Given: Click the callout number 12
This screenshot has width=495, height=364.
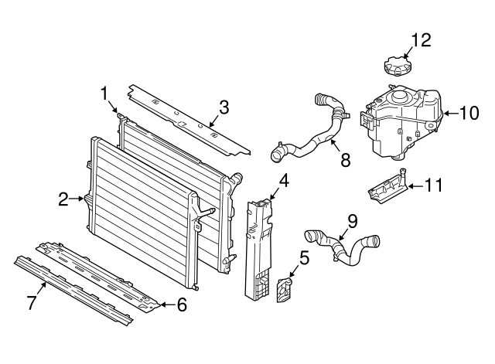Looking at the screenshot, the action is coord(421,41).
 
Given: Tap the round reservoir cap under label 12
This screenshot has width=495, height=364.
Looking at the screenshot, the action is coord(397,65).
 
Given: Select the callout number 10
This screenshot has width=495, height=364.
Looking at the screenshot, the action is coord(469,113).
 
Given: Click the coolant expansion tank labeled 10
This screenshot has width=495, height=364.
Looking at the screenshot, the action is coord(401,121).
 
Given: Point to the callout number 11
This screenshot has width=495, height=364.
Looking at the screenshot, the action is coord(433,185).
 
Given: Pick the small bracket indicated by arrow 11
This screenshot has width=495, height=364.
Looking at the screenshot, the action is coord(387,187).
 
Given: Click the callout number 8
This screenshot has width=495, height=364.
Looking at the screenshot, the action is coord(346,160).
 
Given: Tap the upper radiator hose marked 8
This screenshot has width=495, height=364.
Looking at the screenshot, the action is coord(311,129).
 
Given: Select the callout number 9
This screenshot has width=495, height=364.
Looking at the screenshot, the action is coord(353,221).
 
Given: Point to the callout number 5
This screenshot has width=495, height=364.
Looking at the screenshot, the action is coord(304,258).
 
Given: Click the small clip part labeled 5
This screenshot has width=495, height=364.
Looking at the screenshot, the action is coord(285,290).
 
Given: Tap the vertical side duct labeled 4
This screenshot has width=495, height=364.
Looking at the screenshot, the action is coord(258,249).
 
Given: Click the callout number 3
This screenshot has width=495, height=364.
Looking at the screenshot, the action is coord(224,107).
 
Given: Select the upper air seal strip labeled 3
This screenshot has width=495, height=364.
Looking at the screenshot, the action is coord(189,121).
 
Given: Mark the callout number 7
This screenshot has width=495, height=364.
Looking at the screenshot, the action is coord(32,303).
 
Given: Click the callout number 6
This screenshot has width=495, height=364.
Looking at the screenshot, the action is coord(182,304).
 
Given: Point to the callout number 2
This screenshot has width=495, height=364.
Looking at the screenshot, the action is coord(63,199).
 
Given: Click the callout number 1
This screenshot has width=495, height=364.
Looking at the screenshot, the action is coord(104,94).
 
